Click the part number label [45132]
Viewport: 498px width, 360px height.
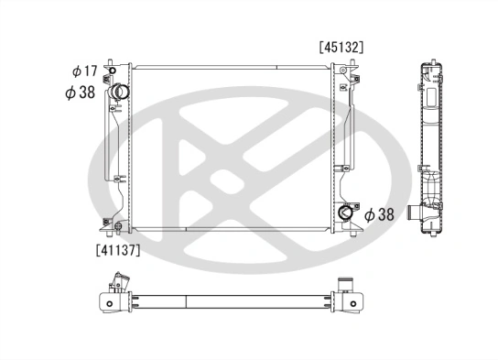(341, 45)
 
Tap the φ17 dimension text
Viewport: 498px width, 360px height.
(83, 71)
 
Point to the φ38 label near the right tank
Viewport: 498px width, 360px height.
(380, 215)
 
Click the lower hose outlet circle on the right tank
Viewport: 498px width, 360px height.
(345, 214)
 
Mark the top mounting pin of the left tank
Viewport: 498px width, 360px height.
(111, 61)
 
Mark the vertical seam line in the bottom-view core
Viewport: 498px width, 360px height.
(187, 300)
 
